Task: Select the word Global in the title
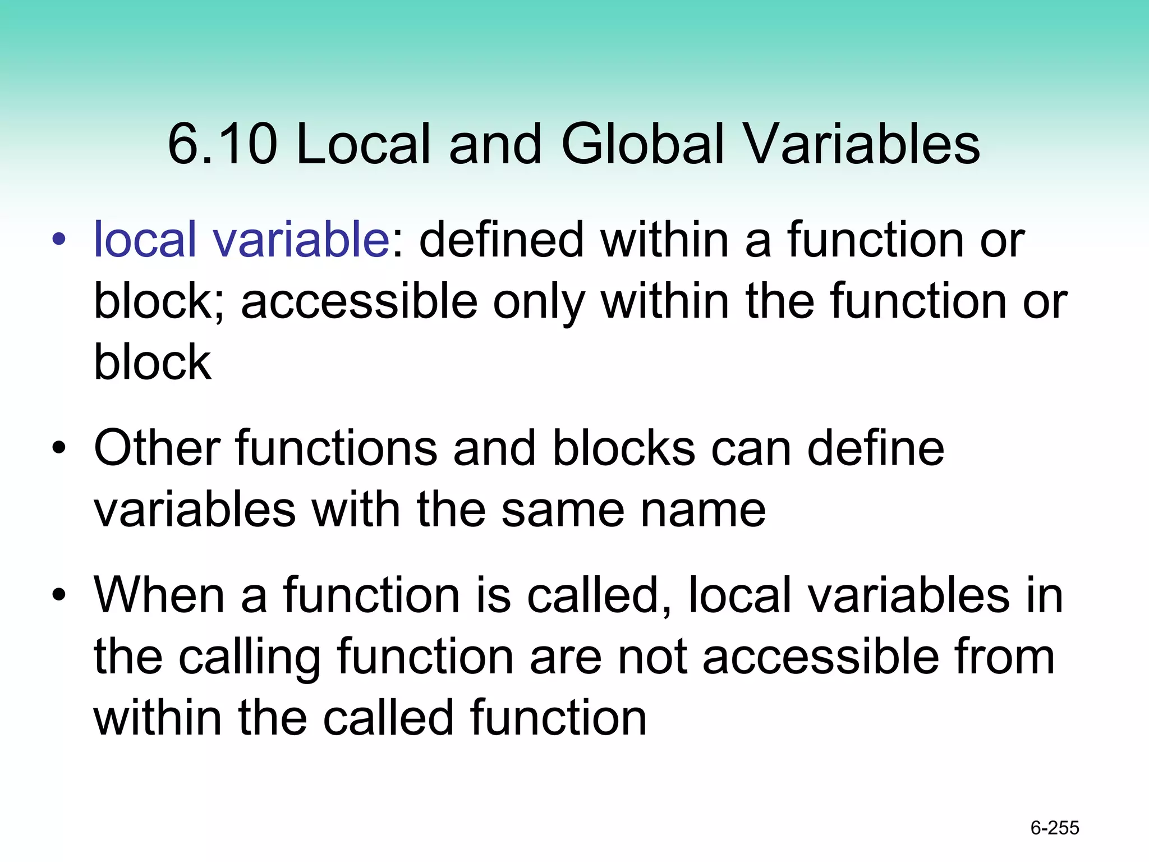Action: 643,144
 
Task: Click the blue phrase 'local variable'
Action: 241,240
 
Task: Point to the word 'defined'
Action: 501,240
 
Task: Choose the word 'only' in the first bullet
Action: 538,302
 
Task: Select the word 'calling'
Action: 249,658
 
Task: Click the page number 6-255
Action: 1055,828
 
